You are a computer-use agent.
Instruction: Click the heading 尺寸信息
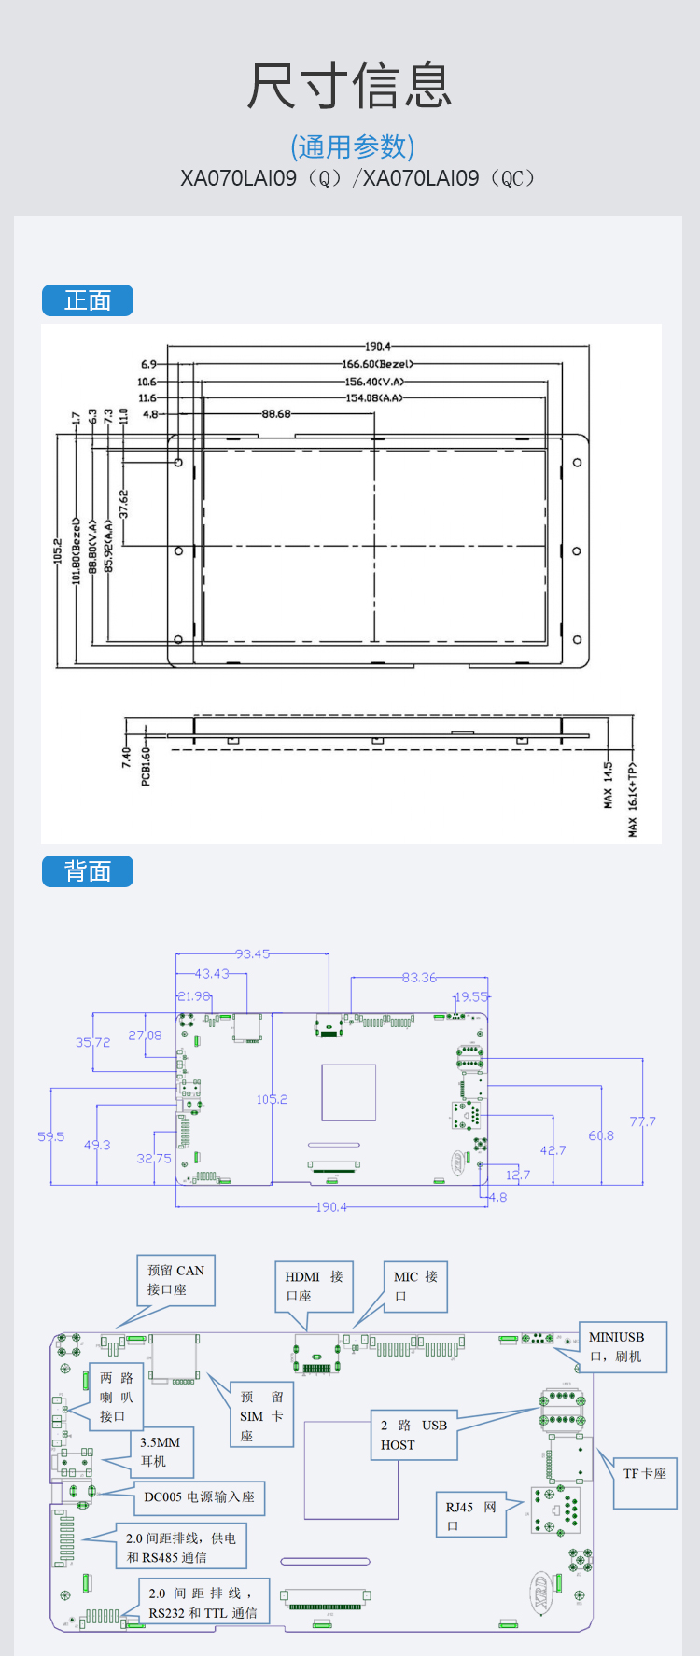350,86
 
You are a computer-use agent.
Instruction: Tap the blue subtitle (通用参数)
352,146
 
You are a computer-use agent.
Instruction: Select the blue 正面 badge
88,300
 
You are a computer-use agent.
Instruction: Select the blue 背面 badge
88,871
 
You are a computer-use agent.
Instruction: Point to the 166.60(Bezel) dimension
377,365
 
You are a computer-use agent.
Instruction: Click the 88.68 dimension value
276,414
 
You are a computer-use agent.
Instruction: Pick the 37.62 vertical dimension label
123,505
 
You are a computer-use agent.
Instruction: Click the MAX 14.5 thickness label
609,785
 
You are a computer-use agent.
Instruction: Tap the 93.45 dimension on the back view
252,954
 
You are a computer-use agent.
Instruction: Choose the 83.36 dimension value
419,978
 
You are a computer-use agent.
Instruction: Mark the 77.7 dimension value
642,1121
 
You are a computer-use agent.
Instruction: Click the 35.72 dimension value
92,1043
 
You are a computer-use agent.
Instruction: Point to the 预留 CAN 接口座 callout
175,1280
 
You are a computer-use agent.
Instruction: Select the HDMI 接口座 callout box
314,1286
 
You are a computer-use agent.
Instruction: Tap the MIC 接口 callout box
415,1286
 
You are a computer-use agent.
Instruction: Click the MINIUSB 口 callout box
623,1346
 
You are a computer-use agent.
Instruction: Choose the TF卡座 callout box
645,1474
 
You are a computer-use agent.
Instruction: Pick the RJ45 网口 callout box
471,1515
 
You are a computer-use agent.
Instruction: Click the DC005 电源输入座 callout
199,1497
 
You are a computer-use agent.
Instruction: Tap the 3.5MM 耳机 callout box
161,1452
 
